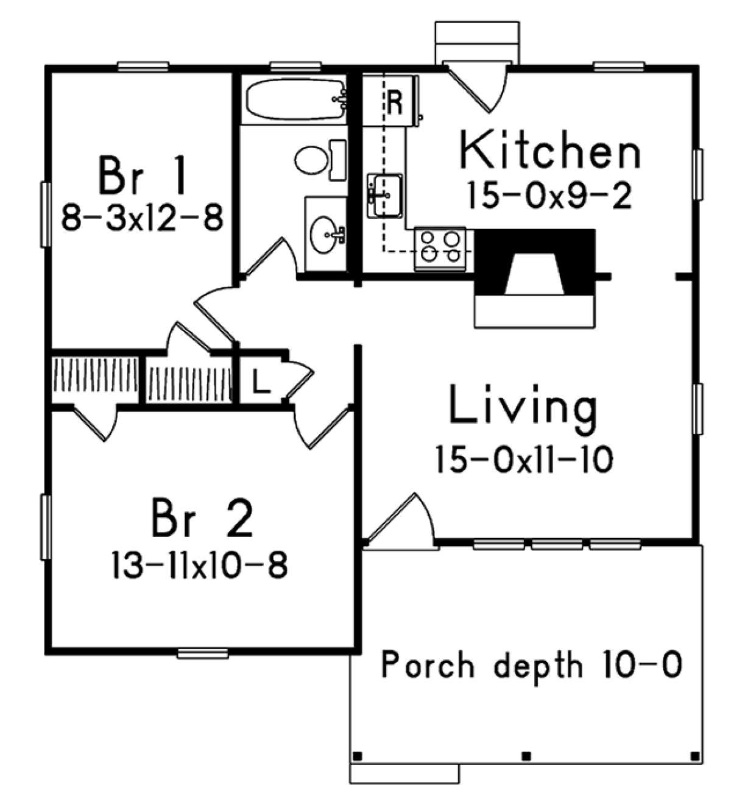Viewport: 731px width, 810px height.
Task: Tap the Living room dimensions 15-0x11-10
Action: coord(523,459)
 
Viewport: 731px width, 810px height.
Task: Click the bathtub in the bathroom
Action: coord(295,99)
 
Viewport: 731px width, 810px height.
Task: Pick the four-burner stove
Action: coord(440,247)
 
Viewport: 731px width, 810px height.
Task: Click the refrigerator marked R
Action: coord(394,102)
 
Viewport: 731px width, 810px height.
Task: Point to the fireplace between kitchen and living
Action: coord(534,277)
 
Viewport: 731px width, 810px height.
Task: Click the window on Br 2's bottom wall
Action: coord(203,654)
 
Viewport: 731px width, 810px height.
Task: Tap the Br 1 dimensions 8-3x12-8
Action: coord(142,216)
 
